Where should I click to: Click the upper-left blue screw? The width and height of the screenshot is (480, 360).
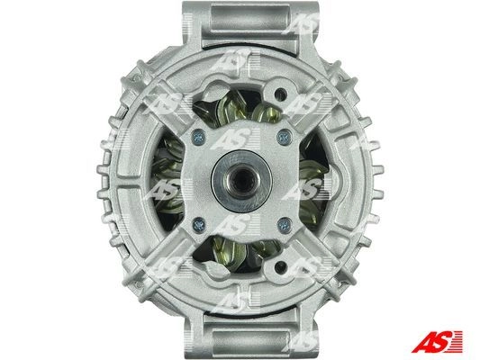point(199,137)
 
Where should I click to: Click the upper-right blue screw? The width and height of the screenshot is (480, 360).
point(284,137)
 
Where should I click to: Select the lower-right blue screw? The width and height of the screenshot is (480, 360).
point(285,225)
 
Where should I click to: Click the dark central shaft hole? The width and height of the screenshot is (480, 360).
point(242,180)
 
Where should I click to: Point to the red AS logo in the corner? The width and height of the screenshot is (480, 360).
point(438,341)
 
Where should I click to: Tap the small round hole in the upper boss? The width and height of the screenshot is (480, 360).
point(280,93)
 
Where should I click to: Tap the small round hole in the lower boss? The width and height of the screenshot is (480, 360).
point(280,268)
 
